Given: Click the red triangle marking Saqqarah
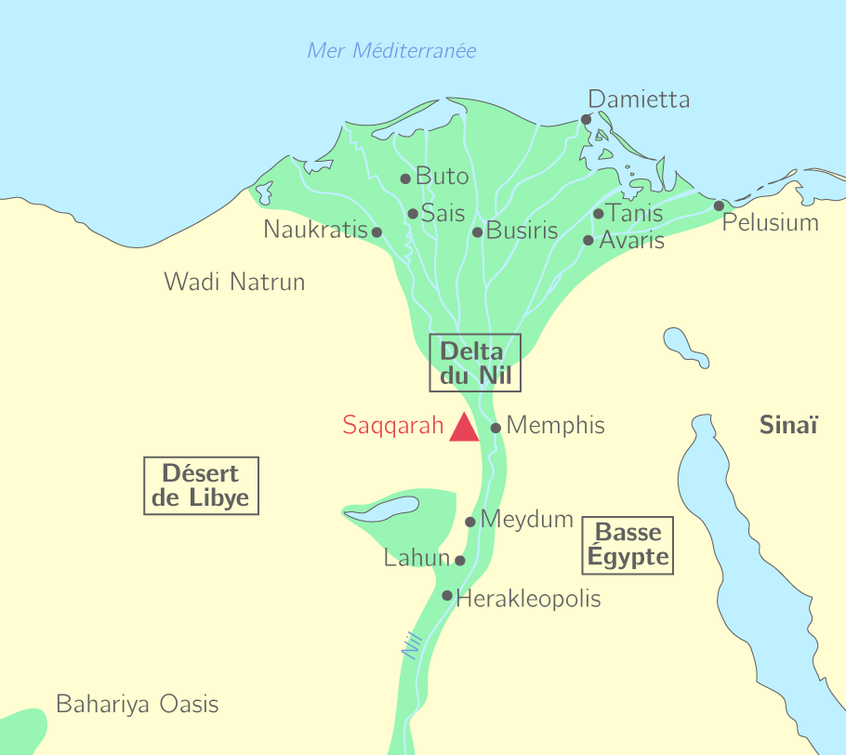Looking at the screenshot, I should coord(464,430).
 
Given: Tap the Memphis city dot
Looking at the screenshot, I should coord(496,428).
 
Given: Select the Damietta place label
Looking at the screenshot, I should coord(639,99).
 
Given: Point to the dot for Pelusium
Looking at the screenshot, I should coord(719,205).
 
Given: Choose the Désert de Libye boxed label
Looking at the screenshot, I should coord(201,485).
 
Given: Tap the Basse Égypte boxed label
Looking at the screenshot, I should coord(628,545).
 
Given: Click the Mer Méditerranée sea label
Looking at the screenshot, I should coord(391,51).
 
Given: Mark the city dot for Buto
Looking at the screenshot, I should coord(405,179).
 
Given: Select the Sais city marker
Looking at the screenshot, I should coord(413,214).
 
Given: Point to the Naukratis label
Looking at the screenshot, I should coord(316,230).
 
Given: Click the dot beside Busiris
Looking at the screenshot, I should coord(478,232).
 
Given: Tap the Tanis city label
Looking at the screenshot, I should coord(635,213).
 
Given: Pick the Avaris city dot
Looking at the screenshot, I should coord(588,240).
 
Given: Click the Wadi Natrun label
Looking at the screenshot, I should coord(234,282).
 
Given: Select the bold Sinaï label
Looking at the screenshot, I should coord(788,426).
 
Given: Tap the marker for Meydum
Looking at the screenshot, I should coord(470,522).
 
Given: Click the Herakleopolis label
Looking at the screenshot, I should coord(528,599).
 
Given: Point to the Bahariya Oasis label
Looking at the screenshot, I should coord(138,704).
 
